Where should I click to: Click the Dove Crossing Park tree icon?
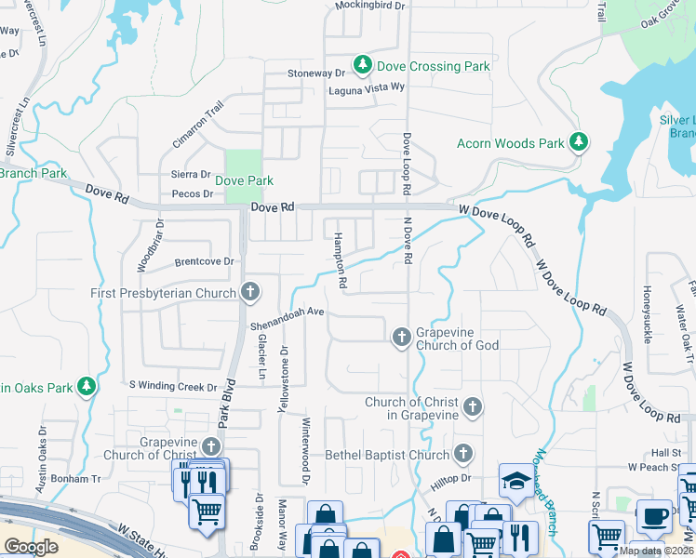[361, 66]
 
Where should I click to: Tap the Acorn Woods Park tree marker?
[579, 142]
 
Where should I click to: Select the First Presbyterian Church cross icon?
[249, 293]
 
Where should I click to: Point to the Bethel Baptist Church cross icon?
[463, 455]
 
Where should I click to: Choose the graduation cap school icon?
[514, 480]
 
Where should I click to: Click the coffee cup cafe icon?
[654, 515]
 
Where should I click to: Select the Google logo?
[31, 546]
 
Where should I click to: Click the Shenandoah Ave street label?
[287, 318]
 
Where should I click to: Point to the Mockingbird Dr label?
[370, 6]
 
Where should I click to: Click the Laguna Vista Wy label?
[367, 88]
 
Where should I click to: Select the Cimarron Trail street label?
[198, 126]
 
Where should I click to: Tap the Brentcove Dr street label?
[204, 261]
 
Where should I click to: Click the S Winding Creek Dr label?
[172, 386]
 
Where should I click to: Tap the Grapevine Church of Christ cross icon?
[212, 446]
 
